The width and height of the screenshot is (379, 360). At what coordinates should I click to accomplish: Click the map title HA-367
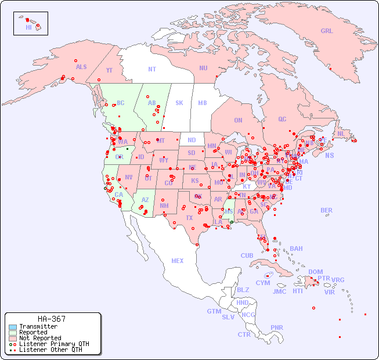point(52,319)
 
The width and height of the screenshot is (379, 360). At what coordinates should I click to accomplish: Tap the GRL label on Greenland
point(327,31)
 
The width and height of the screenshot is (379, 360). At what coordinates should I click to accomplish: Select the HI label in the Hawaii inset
point(28,27)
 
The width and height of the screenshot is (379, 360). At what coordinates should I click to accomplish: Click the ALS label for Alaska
point(81,67)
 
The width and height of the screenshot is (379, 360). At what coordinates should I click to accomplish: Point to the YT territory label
point(109,70)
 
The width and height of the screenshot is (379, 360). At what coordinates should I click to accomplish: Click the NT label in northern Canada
point(151,69)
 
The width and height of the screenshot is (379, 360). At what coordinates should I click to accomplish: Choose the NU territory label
point(203,68)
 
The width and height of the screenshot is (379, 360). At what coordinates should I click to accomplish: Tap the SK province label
point(179,103)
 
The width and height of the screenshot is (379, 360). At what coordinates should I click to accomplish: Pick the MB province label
point(203,103)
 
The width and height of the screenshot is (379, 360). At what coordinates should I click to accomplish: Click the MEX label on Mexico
point(178,261)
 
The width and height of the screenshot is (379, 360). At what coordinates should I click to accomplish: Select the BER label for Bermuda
point(326,210)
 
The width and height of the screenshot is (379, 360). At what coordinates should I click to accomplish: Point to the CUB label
point(247,255)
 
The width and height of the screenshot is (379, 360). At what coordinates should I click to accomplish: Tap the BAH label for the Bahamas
point(296,249)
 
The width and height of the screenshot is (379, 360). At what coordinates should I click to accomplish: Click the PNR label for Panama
point(277,327)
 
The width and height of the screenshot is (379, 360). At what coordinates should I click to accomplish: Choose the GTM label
point(214,311)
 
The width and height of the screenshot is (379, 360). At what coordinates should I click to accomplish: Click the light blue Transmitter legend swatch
point(13,327)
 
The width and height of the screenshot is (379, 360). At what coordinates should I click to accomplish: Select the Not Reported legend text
point(40,338)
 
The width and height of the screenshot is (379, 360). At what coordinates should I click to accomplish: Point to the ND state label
point(192,140)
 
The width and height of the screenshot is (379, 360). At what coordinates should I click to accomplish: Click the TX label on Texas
point(189,218)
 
